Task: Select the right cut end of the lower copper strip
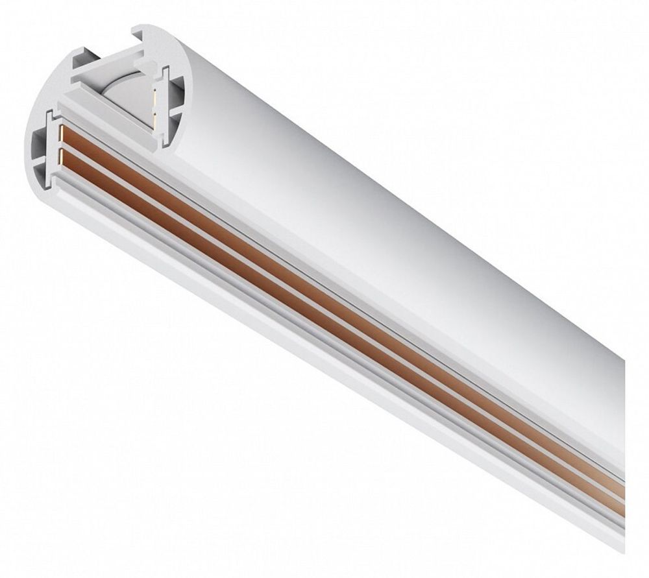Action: pyautogui.click(x=620, y=509)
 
